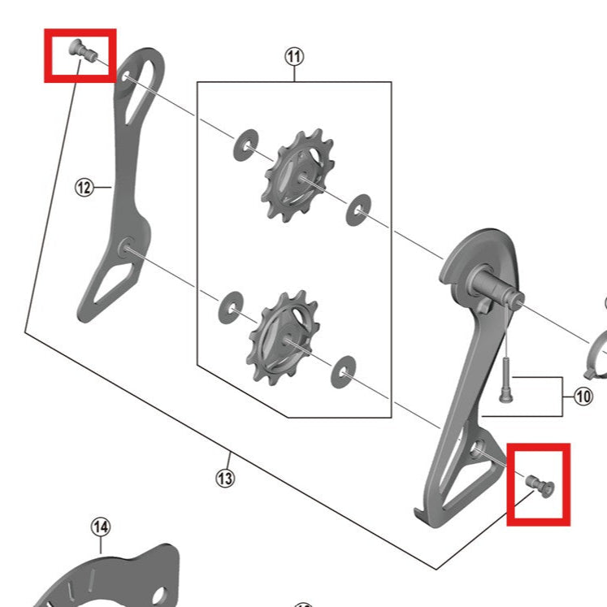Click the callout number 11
coord(294,56)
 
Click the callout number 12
coord(85,187)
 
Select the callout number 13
coord(225,479)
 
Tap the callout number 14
coord(100,527)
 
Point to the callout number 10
coord(583,397)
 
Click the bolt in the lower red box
coord(538,484)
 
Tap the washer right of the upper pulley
coord(358,210)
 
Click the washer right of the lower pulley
coord(344,371)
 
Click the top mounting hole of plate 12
coord(128,77)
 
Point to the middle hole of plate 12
coord(128,248)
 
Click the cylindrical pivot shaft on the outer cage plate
coord(496,288)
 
